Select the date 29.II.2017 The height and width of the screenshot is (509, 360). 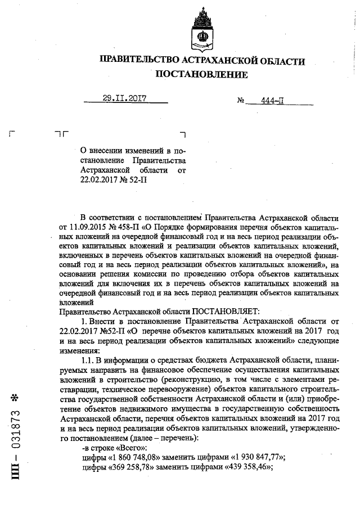[124, 98]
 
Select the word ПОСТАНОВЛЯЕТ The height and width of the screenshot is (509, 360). [224, 311]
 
